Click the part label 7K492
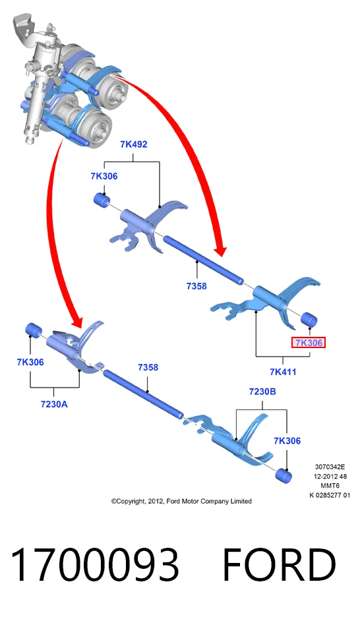coord(134,144)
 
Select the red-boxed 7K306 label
coord(309,343)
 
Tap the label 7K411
coord(283,372)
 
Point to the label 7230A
coord(54,403)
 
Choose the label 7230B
coord(262,392)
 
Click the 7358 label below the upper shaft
coord(196,286)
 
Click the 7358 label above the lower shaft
coord(148,367)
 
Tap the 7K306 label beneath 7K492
coord(104,176)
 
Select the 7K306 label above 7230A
coord(30,362)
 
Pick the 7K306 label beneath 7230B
coord(287,441)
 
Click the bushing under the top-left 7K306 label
coord(102,199)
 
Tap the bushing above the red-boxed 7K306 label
coord(309,320)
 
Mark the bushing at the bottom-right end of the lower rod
coord(284,476)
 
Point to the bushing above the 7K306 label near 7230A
coord(34,330)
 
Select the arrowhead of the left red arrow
coord(76,319)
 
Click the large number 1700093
coord(94,565)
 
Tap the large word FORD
coord(279,565)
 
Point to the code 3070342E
coord(330,467)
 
